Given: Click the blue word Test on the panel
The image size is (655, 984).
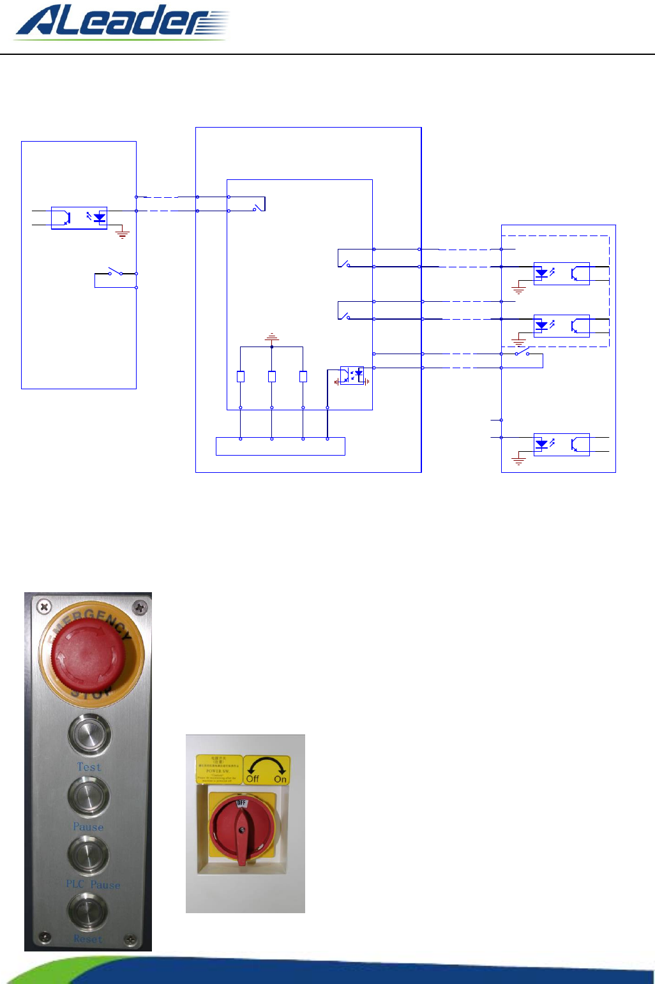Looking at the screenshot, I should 89,767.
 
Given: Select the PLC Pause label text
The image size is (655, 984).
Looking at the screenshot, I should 93,884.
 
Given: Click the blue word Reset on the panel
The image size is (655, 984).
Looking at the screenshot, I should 87,939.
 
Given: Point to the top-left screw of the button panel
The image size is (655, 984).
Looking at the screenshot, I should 43,606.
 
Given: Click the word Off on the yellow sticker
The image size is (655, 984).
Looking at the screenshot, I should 253,779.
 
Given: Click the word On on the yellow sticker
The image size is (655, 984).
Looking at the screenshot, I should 280,779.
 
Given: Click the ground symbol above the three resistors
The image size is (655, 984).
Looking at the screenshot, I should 272,336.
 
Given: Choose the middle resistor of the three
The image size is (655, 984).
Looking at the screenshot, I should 272,376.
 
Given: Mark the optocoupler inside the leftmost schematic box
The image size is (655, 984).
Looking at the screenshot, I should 79,218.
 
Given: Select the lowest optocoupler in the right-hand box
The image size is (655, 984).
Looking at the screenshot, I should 561,444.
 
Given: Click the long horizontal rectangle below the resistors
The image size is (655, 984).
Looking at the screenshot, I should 280,446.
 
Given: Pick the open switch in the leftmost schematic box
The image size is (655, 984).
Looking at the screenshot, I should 115,272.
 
